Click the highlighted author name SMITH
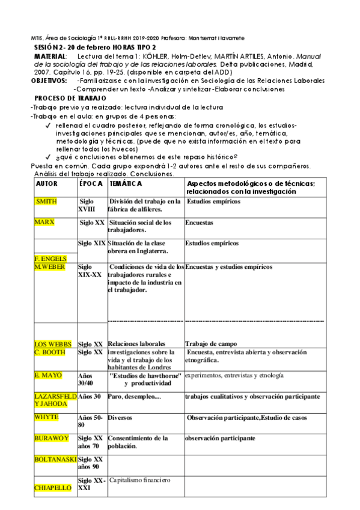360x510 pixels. pyautogui.click(x=47, y=201)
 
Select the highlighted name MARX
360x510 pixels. pyautogui.click(x=46, y=222)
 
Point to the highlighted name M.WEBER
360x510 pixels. pyautogui.click(x=50, y=266)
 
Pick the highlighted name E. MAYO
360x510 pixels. pyautogui.click(x=48, y=375)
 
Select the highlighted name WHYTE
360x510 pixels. pyautogui.click(x=47, y=417)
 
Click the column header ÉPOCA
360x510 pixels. pyautogui.click(x=91, y=183)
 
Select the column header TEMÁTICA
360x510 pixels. pyautogui.click(x=126, y=183)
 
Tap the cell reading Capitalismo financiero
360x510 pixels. pyautogui.click(x=140, y=481)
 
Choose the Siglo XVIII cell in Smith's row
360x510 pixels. pyautogui.click(x=88, y=205)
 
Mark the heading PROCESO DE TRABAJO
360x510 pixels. pyautogui.click(x=70, y=98)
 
